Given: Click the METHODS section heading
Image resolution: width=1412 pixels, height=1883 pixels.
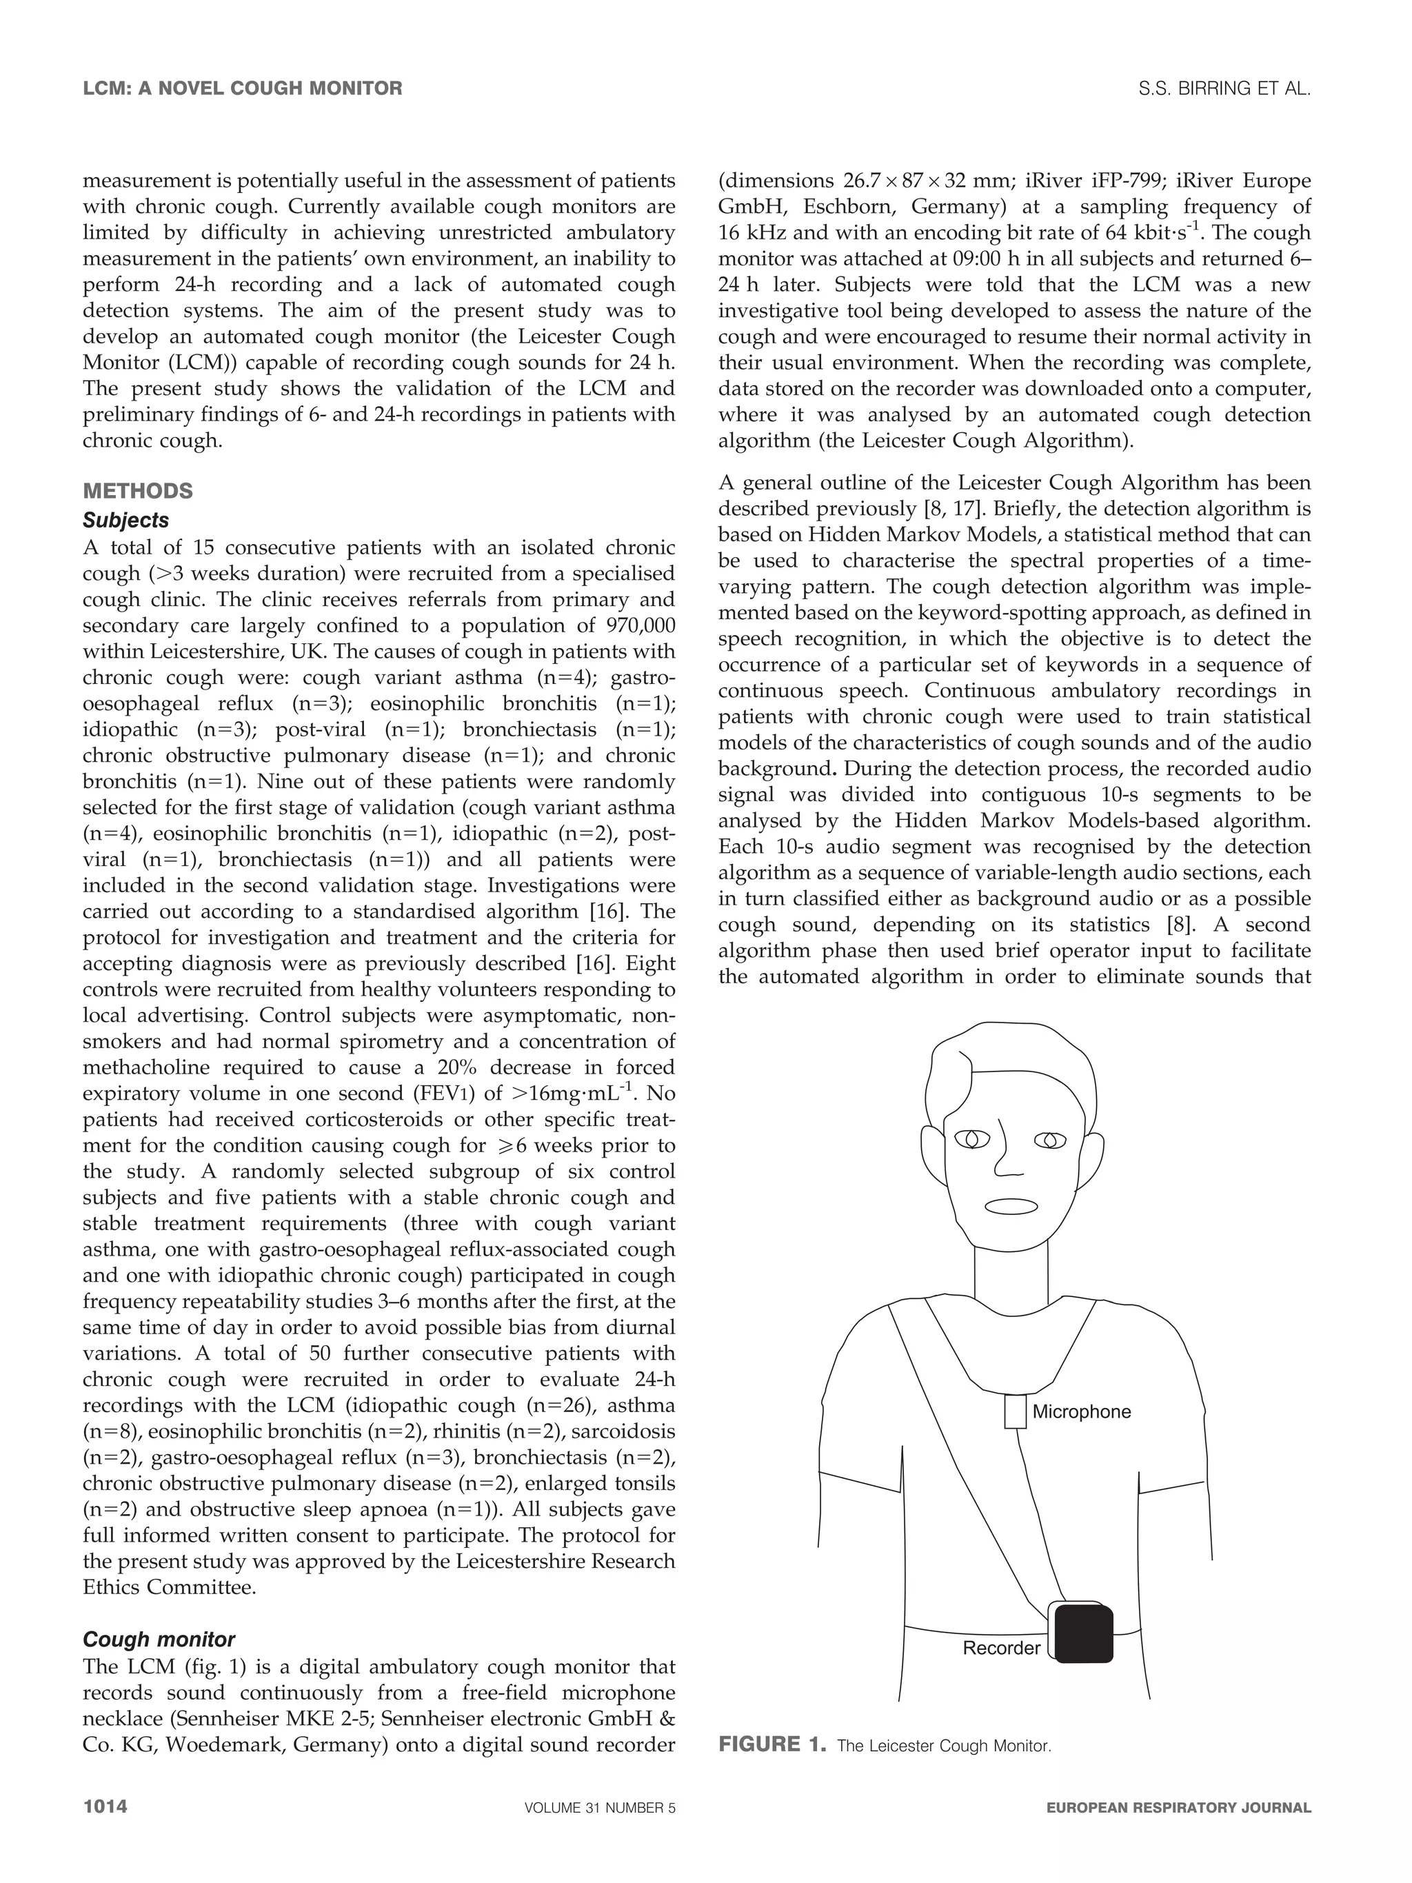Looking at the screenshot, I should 138,491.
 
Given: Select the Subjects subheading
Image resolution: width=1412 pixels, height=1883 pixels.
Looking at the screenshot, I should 126,520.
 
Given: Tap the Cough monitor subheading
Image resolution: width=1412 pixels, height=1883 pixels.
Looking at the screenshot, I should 159,1640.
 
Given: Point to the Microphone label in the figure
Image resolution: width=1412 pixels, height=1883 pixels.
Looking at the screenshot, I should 1081,1411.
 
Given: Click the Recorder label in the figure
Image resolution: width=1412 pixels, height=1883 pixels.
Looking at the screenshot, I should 1001,1648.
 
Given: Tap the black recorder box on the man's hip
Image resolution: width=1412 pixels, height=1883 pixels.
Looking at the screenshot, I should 1082,1633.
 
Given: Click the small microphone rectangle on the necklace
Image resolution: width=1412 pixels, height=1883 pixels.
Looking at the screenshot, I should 1013,1411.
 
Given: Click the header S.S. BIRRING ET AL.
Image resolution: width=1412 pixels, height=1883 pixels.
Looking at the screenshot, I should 1224,88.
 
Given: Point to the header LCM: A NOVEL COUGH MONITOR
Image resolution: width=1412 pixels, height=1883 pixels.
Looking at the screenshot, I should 243,88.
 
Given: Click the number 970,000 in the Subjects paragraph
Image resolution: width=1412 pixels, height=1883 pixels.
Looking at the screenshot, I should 639,625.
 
